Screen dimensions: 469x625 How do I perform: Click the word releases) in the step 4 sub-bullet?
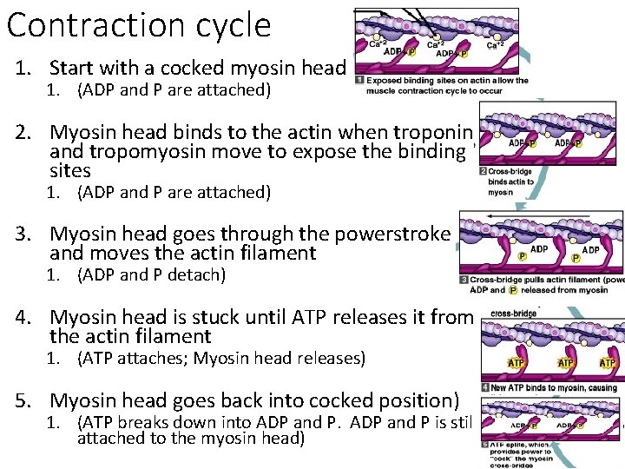328,358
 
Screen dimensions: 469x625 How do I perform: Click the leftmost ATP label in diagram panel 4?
516,363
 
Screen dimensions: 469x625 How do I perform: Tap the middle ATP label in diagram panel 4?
565,363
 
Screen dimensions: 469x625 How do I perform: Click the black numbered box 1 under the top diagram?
360,81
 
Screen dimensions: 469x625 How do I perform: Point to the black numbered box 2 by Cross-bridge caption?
483,172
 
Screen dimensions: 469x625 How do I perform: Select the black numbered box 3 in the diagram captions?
464,280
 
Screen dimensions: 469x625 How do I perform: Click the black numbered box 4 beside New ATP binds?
485,387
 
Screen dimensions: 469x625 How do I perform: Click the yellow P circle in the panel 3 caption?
514,290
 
